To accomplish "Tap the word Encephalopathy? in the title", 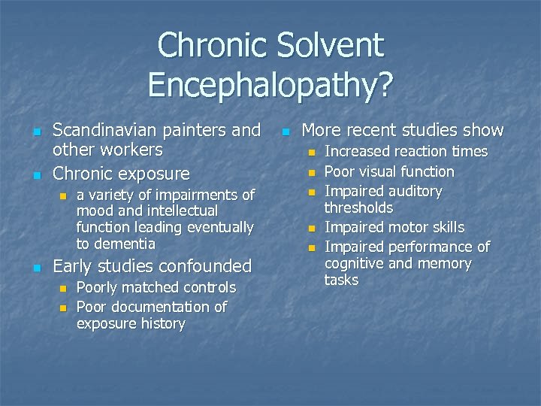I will pos(270,83).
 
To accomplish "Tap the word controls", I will pos(204,287).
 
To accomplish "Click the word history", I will pos(163,323).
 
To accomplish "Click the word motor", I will pos(407,227).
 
